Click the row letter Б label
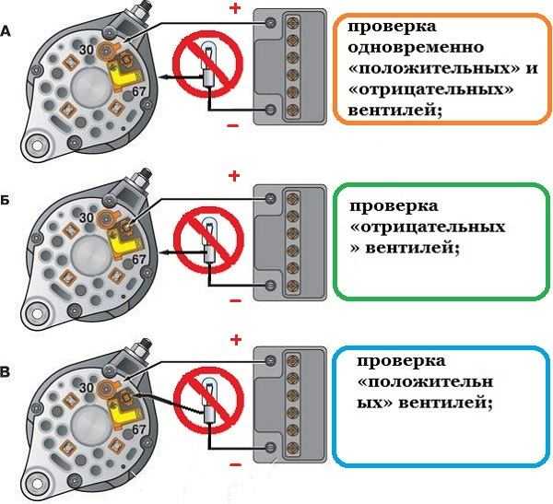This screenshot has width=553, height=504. click(x=8, y=199)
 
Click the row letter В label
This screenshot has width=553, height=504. click(x=8, y=372)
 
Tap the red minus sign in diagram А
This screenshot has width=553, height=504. click(x=233, y=125)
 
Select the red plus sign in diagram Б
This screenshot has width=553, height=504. click(x=234, y=175)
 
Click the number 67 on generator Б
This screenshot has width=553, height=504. click(x=139, y=260)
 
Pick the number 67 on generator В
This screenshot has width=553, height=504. click(x=139, y=430)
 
